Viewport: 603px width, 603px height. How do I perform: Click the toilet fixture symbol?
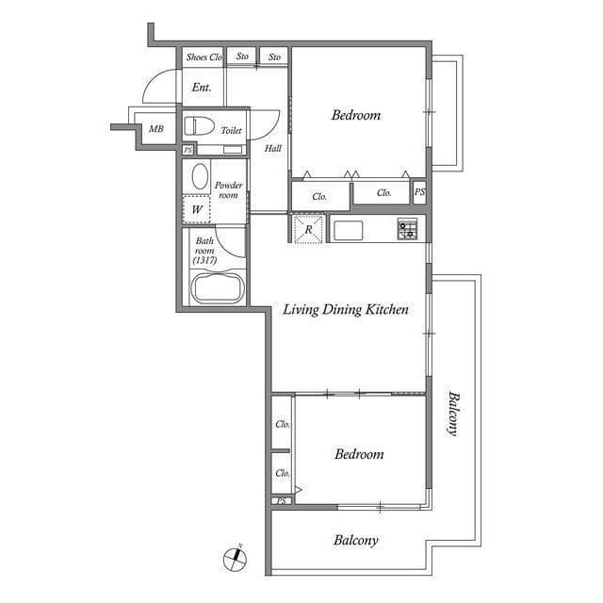(199, 125)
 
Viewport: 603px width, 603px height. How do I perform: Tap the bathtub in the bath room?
(218, 287)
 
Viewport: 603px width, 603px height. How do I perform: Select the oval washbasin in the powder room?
(200, 176)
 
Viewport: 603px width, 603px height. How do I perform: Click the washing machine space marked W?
(197, 209)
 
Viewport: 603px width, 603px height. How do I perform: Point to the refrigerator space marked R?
(308, 229)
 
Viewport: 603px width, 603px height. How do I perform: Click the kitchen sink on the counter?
(348, 230)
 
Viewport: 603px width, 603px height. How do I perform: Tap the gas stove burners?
(407, 228)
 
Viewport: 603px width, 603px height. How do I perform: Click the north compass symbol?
(235, 558)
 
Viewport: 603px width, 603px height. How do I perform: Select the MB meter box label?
(156, 129)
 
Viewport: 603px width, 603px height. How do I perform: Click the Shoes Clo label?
(204, 57)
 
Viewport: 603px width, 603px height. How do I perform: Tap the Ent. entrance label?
(202, 88)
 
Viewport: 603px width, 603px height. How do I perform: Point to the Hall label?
(273, 148)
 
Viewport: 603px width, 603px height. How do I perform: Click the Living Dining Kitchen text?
(346, 310)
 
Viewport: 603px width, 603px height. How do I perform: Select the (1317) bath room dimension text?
(204, 260)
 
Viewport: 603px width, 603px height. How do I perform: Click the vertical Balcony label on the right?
(454, 414)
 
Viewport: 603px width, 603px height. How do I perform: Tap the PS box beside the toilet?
(188, 150)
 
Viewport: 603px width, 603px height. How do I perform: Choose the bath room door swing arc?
(227, 246)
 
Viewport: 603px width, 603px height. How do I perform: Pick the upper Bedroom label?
(356, 115)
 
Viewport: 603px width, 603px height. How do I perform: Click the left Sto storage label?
(242, 57)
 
